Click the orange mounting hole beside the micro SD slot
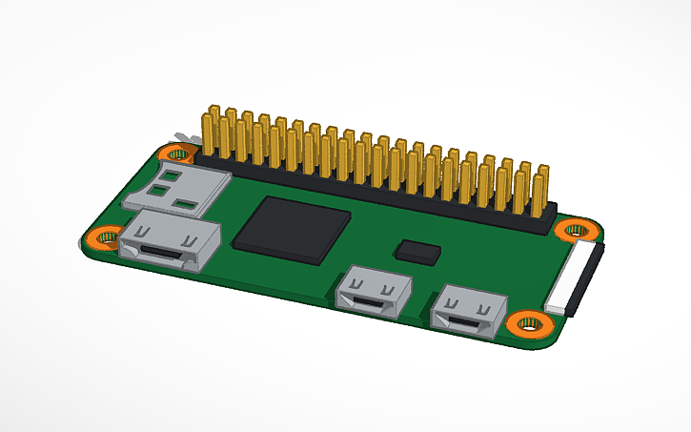(x=177, y=152)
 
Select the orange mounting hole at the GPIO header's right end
(x=576, y=229)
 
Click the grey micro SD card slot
(x=191, y=188)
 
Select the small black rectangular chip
(x=417, y=251)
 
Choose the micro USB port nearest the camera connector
(x=466, y=312)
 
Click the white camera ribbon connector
(x=574, y=279)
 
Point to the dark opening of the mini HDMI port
(x=162, y=254)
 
